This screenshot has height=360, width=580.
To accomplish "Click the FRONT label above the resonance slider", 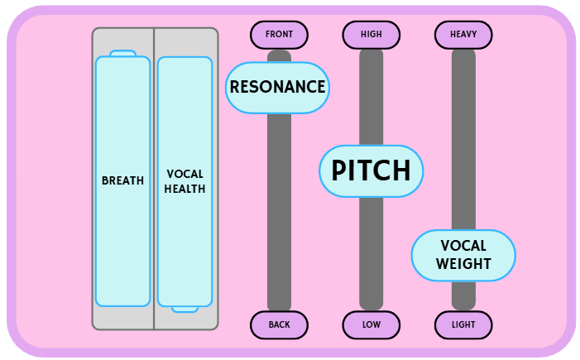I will [279, 35].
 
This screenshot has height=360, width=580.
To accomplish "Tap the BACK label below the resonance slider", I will [279, 324].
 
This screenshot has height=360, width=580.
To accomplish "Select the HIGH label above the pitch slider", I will [371, 35].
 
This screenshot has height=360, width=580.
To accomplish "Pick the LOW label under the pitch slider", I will [371, 324].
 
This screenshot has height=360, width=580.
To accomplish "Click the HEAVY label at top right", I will [463, 35].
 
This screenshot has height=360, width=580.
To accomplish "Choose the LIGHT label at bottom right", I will [463, 324].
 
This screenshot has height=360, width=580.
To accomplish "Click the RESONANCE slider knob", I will [277, 87].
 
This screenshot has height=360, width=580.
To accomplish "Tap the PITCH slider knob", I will [371, 170].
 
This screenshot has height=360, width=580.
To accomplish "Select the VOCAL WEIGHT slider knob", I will [463, 255].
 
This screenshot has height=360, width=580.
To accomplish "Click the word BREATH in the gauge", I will [122, 180].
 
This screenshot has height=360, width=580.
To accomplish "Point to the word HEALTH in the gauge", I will [185, 189].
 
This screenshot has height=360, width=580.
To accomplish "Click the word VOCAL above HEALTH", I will [185, 174].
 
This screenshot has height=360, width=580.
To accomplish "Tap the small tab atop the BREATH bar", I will [122, 54].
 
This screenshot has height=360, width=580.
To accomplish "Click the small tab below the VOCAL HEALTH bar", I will [185, 310].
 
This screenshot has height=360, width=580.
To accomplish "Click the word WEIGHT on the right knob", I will [463, 264].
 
